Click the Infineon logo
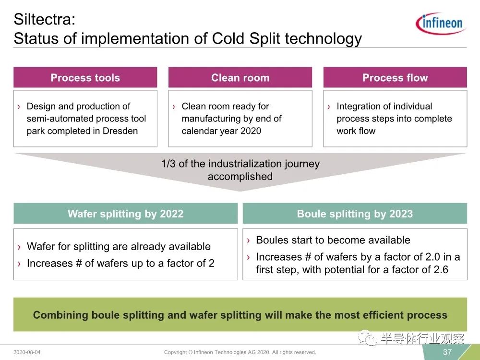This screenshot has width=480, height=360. tap(441, 23)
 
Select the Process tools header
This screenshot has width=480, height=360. tap(85, 77)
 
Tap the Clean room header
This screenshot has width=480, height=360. tap(240, 77)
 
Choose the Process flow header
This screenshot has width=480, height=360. tap(395, 77)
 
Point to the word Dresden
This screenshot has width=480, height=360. tap(120, 131)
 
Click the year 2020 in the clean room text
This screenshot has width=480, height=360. tap(251, 131)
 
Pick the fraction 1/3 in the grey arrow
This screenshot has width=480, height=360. tap(168, 164)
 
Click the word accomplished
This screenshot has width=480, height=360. tap(240, 176)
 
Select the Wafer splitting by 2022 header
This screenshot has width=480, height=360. tap(125, 214)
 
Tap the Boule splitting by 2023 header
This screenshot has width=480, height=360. tap(355, 214)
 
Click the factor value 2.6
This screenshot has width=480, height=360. tap(441, 270)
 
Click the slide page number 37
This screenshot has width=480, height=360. tap(447, 352)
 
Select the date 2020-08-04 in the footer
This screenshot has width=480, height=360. tap(27, 352)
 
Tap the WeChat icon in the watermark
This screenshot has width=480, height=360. tap(368, 337)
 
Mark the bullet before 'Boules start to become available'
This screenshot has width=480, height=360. tap(248, 240)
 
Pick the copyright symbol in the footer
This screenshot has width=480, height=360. tap(191, 352)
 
